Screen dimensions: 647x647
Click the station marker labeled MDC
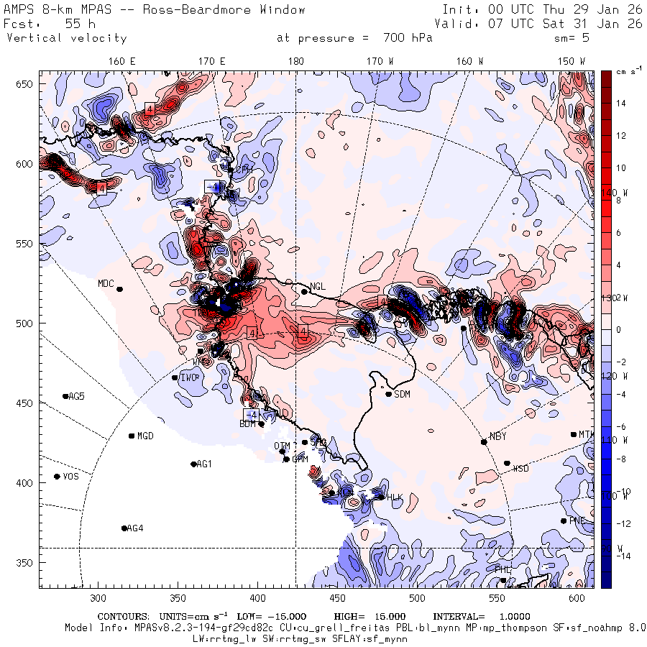[120, 289]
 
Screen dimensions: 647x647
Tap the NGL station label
[318, 286]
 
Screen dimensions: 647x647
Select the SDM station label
[403, 394]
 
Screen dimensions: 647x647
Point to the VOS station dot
[57, 477]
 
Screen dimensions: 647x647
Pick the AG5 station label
[76, 396]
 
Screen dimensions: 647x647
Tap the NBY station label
[497, 436]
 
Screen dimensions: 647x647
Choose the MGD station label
[146, 436]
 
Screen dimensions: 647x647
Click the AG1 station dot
[193, 464]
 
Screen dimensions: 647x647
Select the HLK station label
[395, 497]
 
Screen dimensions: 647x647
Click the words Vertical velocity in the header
[66, 38]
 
